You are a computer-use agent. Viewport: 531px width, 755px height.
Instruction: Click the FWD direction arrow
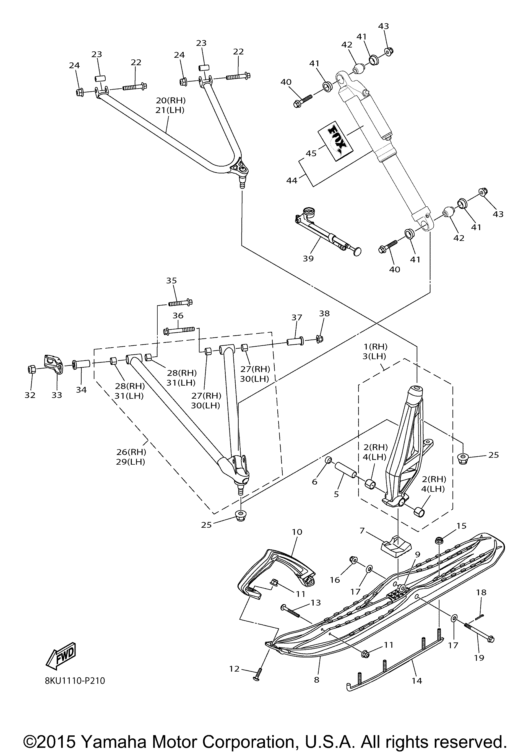tap(62, 654)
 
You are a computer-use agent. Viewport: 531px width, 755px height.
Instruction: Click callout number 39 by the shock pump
tap(308, 259)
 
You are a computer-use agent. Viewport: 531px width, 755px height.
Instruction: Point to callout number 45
tap(311, 153)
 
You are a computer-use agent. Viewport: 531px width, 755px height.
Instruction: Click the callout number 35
tap(171, 280)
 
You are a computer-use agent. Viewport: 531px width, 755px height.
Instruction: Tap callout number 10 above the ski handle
tap(297, 532)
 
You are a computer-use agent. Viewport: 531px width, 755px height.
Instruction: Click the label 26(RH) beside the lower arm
tap(131, 452)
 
